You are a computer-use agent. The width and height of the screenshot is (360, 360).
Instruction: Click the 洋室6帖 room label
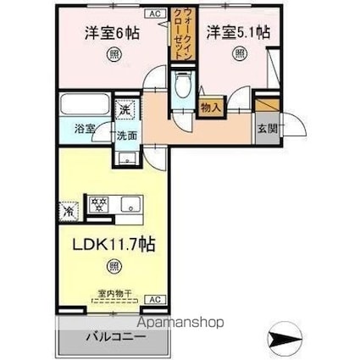click(x=111, y=35)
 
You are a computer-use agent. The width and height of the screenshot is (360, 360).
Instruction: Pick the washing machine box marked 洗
click(x=125, y=109)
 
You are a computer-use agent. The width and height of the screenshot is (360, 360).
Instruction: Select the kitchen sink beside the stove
click(x=130, y=203)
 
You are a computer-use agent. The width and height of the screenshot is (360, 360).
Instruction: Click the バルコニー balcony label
click(x=115, y=338)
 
